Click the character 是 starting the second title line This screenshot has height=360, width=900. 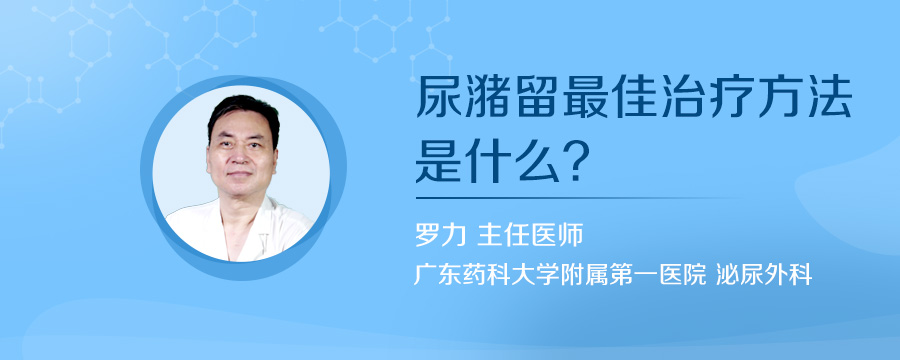pos(438,160)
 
